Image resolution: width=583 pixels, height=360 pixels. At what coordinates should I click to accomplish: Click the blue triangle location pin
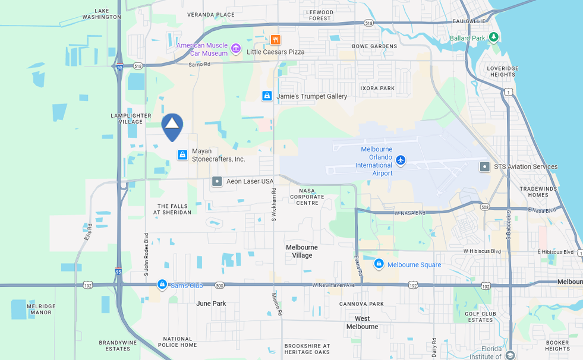point(172,125)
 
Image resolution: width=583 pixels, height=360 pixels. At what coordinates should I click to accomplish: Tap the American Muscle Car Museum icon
point(236,48)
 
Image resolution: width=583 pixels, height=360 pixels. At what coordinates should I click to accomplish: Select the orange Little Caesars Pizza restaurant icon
point(275,40)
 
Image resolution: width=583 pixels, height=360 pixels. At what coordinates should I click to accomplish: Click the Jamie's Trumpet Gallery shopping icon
point(267,96)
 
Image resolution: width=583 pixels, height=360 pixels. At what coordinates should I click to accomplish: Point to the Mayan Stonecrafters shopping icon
point(182,154)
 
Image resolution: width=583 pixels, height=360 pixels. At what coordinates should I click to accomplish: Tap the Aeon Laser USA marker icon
point(217,181)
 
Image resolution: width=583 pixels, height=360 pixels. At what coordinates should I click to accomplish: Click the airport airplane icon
point(401,160)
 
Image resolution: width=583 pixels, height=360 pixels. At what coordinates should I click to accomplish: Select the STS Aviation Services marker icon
point(485,167)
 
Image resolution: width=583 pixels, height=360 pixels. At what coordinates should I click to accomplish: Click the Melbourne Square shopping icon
point(379,264)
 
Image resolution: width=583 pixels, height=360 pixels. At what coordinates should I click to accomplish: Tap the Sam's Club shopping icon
point(162,285)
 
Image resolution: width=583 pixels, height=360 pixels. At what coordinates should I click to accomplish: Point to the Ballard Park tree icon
point(493,38)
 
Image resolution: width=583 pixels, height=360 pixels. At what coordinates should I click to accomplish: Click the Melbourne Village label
point(302,251)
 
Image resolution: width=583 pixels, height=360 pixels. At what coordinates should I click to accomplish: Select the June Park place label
point(211,304)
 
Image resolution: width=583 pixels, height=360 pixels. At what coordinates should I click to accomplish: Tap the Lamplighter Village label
point(131,118)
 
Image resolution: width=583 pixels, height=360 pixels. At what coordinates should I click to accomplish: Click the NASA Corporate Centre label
point(308,197)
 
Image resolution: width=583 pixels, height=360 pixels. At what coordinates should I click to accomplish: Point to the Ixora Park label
point(377,89)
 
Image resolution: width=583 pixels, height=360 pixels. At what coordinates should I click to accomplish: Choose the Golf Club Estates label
point(480,317)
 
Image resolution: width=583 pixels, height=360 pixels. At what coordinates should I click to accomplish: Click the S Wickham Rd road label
point(274,205)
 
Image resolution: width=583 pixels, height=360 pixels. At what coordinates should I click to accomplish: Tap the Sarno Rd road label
point(199,64)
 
